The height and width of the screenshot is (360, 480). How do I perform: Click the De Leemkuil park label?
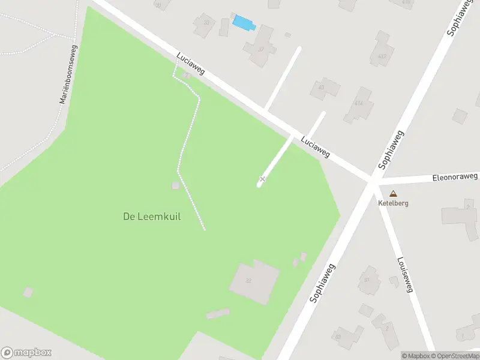152,217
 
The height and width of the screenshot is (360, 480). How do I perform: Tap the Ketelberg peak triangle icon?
393,194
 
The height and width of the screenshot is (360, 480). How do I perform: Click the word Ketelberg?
393,203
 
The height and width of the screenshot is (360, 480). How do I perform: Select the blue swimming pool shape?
244,23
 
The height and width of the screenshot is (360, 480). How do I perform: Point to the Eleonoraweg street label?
455,178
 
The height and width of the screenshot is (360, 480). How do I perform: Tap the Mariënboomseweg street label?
68,74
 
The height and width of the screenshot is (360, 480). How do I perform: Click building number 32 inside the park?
255,281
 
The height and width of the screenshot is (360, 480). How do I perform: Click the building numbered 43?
325,89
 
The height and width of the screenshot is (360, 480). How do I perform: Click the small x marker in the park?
262,179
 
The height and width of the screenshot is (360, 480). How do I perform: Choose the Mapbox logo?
26,353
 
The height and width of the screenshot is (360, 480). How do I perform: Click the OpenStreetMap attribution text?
454,356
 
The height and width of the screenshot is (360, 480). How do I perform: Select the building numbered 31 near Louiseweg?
369,280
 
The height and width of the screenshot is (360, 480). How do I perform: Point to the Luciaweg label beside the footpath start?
190,64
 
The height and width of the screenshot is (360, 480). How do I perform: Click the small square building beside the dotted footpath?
175,185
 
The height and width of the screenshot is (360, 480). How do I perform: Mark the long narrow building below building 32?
218,314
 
